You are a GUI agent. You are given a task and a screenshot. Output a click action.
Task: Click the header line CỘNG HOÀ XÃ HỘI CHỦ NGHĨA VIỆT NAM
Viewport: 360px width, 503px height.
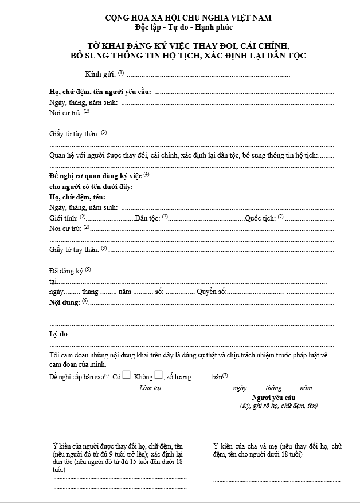[181, 18]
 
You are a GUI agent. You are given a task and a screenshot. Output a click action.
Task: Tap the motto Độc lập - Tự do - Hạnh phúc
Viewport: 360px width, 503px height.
[180, 27]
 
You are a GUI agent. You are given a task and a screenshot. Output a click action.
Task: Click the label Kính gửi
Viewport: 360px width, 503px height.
[100, 74]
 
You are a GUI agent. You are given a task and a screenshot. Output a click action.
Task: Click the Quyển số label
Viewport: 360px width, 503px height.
[211, 292]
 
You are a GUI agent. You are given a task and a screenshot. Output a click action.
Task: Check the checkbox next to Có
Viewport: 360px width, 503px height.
[127, 376]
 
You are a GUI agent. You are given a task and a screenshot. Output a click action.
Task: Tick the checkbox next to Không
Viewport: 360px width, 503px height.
[158, 376]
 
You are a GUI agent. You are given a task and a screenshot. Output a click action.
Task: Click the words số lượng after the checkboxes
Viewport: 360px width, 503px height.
[178, 377]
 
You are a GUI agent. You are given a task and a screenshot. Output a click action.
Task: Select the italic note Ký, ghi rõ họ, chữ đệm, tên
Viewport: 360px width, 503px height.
[279, 406]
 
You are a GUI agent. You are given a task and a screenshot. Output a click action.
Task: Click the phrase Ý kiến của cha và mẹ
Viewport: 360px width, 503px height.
[246, 446]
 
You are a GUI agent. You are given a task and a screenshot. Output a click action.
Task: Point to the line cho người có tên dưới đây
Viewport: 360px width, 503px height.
[91, 187]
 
